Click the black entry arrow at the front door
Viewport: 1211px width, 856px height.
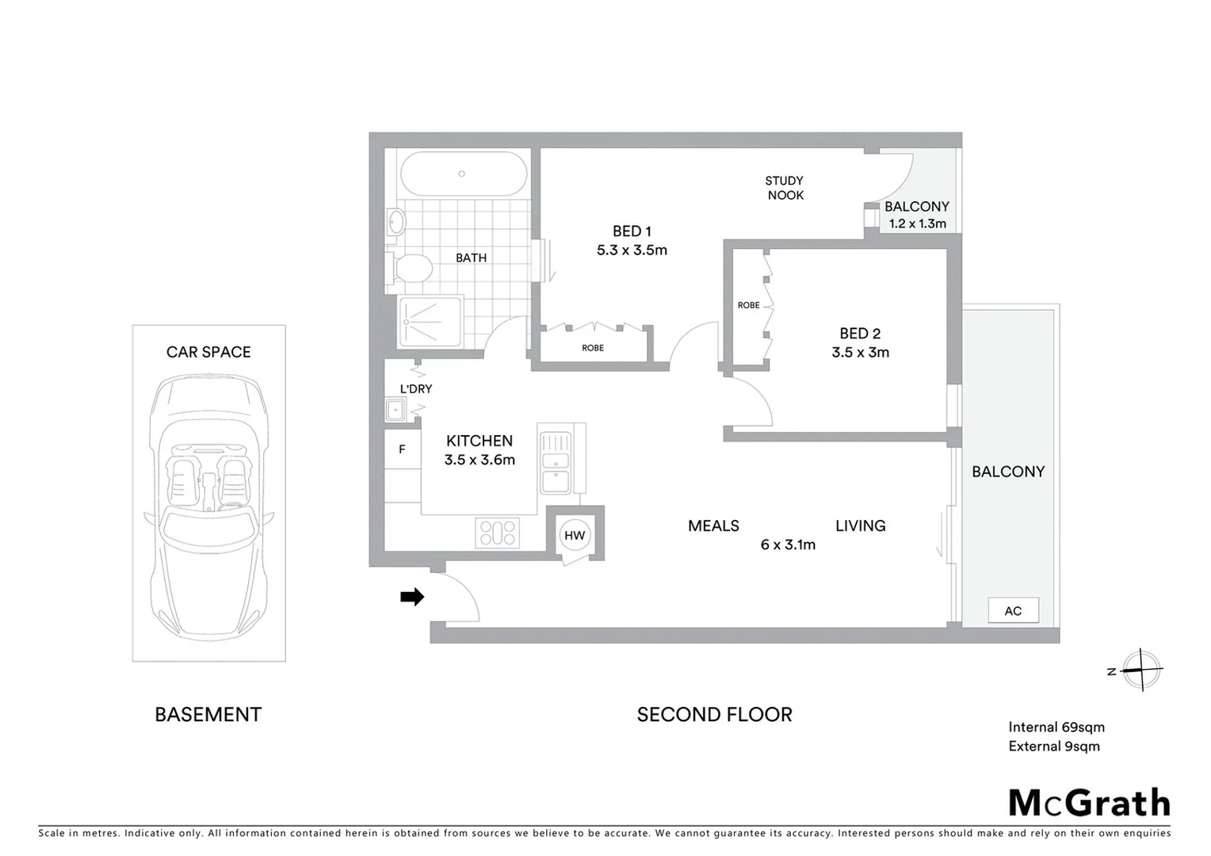412,597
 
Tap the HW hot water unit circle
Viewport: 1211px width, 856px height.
575,536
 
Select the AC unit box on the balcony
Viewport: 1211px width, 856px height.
1013,610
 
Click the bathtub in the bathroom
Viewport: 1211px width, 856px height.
463,174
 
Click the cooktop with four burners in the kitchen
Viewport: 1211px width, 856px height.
497,532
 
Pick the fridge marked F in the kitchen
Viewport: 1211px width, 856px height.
402,449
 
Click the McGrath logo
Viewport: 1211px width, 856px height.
1089,803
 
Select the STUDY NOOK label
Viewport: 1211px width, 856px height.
785,188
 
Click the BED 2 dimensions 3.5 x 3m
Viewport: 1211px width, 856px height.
860,353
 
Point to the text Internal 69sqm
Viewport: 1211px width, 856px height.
1056,727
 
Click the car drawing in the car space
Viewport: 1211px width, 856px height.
208,507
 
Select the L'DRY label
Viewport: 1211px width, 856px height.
415,389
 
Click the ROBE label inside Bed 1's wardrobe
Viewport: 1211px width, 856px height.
593,348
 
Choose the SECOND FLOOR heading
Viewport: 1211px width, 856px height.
714,714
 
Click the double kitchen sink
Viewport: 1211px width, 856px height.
555,462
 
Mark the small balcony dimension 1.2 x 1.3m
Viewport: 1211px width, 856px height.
917,224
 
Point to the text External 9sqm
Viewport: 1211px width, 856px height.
1053,746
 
